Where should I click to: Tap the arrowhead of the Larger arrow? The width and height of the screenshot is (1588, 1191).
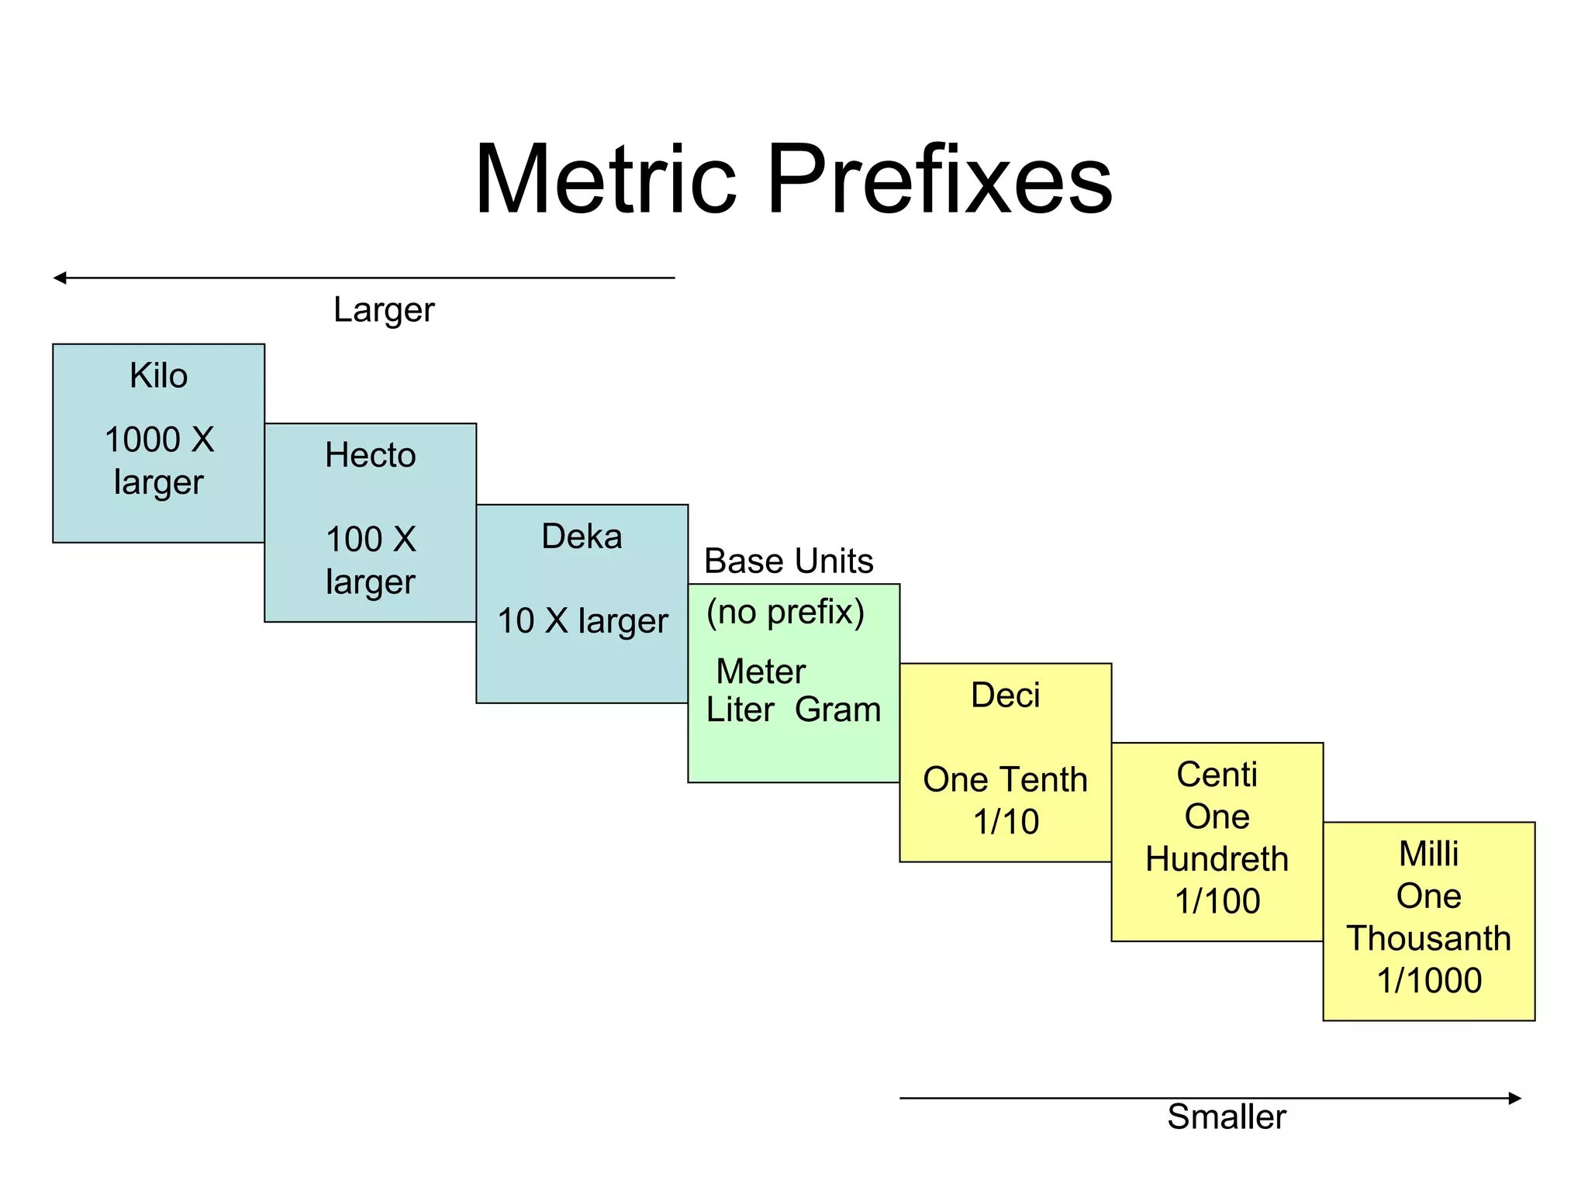pyautogui.click(x=60, y=278)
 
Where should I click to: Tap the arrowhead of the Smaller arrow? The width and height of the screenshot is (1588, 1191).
pyautogui.click(x=1514, y=1098)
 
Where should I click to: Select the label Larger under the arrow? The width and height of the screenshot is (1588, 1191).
pyautogui.click(x=384, y=310)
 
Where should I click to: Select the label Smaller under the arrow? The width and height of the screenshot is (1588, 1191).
pyautogui.click(x=1226, y=1117)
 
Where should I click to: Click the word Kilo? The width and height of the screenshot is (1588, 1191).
pyautogui.click(x=158, y=376)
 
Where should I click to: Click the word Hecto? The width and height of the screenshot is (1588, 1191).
pyautogui.click(x=370, y=455)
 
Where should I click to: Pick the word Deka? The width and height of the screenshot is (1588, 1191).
pyautogui.click(x=582, y=537)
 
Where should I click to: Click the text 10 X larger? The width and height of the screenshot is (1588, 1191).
pyautogui.click(x=582, y=621)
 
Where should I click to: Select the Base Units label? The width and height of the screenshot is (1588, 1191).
pyautogui.click(x=788, y=561)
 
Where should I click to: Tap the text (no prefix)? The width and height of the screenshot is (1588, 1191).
pyautogui.click(x=785, y=612)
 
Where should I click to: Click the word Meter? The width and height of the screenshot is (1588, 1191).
pyautogui.click(x=761, y=671)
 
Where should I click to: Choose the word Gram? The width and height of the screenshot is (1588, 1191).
pyautogui.click(x=837, y=709)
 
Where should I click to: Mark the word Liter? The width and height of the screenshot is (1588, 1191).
pyautogui.click(x=740, y=709)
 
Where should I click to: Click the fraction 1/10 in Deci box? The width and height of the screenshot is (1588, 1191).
pyautogui.click(x=1006, y=822)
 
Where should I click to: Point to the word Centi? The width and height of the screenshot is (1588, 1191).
pyautogui.click(x=1217, y=775)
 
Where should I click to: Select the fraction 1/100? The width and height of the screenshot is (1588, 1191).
pyautogui.click(x=1217, y=901)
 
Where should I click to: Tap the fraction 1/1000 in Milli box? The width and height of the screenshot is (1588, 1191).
pyautogui.click(x=1429, y=980)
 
